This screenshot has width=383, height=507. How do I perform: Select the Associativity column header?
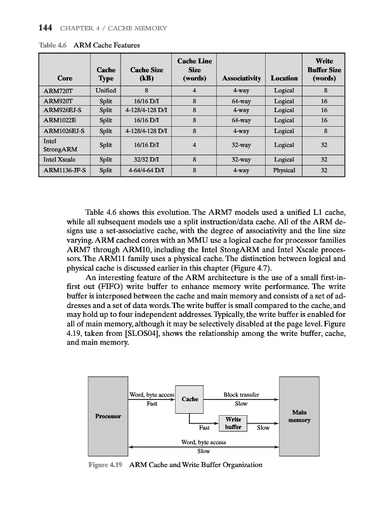pyautogui.click(x=239, y=79)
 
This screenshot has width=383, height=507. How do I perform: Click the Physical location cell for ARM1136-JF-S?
pyautogui.click(x=283, y=170)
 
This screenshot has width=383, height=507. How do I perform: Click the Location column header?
pyautogui.click(x=283, y=79)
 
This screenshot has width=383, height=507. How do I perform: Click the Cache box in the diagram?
pyautogui.click(x=191, y=399)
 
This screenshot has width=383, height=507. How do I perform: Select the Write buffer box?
pyautogui.click(x=233, y=423)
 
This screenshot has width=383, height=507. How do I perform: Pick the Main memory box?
pyautogui.click(x=298, y=416)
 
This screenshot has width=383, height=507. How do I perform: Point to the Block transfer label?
pyautogui.click(x=242, y=394)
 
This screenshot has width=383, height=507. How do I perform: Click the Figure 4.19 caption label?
pyautogui.click(x=105, y=465)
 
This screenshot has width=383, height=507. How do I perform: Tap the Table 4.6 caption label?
pyautogui.click(x=52, y=45)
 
